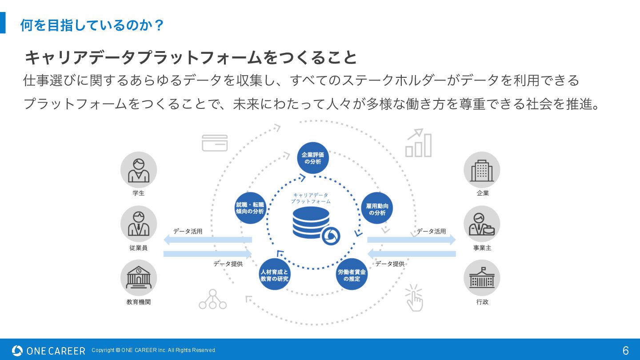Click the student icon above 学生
(x=139, y=170)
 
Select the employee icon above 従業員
(x=139, y=224)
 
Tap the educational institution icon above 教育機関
(x=139, y=278)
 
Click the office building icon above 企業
(x=482, y=170)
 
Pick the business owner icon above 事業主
(x=482, y=224)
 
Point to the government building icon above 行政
(x=482, y=278)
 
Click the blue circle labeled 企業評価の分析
(x=313, y=158)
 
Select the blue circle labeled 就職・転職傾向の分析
(x=250, y=208)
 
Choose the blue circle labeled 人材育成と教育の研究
(x=274, y=275)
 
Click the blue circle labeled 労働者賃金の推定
(x=352, y=275)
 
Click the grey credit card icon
(x=215, y=143)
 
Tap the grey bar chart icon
(x=418, y=143)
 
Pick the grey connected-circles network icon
(x=212, y=300)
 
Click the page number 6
(x=625, y=350)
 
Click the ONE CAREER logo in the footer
(x=48, y=351)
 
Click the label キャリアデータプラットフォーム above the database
(x=311, y=198)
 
